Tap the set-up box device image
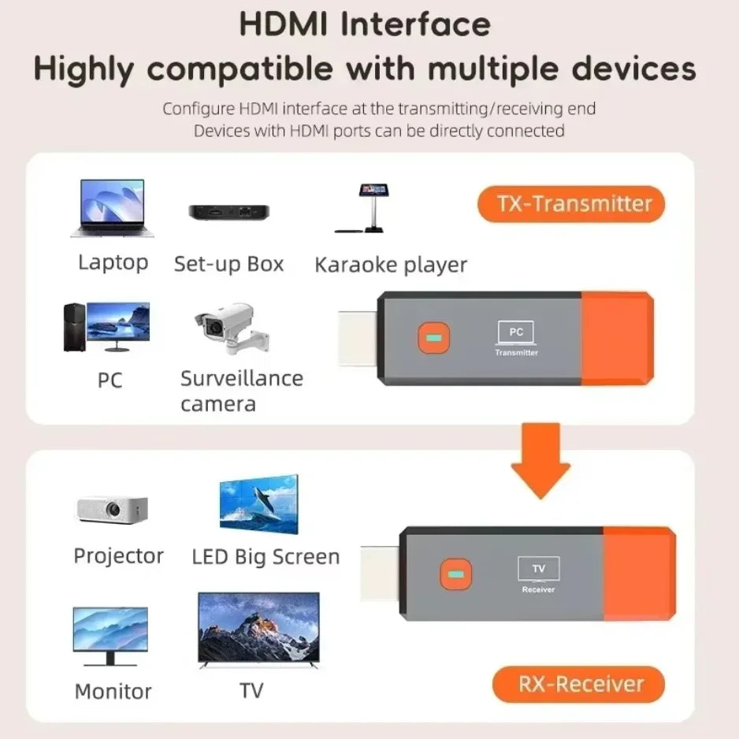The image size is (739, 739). point(228,212)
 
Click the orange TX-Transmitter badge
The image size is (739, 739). point(571,205)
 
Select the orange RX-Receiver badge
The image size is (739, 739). point(578,684)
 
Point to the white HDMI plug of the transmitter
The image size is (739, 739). point(359,338)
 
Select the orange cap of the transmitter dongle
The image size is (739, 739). point(618,338)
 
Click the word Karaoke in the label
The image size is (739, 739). point(358,265)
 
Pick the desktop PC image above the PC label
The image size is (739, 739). point(106,326)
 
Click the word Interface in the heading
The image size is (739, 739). point(417,24)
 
